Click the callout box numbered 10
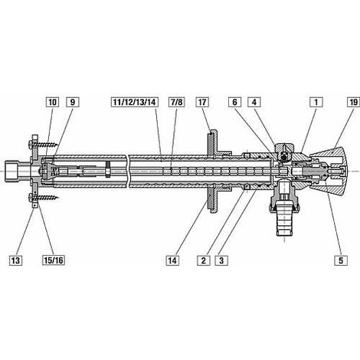pyautogui.click(x=52, y=103)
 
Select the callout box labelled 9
pyautogui.click(x=73, y=103)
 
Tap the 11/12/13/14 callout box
pyautogui.click(x=134, y=103)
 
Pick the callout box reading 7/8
pyautogui.click(x=176, y=103)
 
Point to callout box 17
pyautogui.click(x=202, y=103)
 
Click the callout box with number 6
pyautogui.click(x=234, y=103)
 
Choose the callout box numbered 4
pyautogui.click(x=254, y=103)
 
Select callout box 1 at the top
pyautogui.click(x=316, y=103)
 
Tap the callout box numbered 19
pyautogui.click(x=354, y=103)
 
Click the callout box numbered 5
pyautogui.click(x=341, y=260)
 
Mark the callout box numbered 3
pyautogui.click(x=221, y=260)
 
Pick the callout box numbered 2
pyautogui.click(x=204, y=260)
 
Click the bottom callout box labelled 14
pyautogui.click(x=172, y=260)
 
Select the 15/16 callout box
pyautogui.click(x=54, y=260)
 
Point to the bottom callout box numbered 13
pyautogui.click(x=15, y=260)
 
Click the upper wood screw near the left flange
pyautogui.click(x=44, y=144)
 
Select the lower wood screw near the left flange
pyautogui.click(x=44, y=198)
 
